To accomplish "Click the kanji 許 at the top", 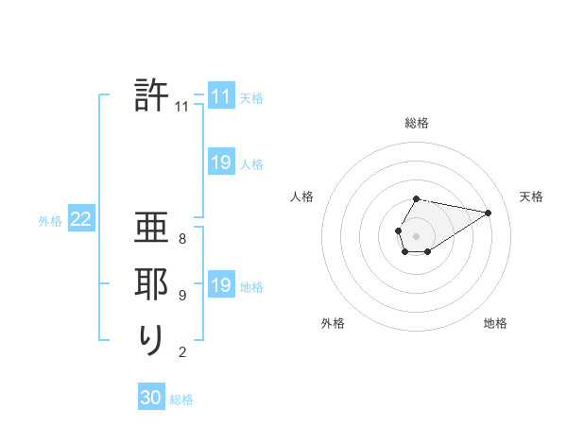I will coord(152,95).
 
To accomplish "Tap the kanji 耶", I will coord(152,285).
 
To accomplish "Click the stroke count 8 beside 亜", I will coord(182,239).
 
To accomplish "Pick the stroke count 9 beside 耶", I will coord(182,296).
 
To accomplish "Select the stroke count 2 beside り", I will coord(182,352).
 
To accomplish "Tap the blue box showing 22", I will coord(80,220).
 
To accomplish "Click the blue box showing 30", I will coord(151,398).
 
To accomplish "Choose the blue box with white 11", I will coord(221,96).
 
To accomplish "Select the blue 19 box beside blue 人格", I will coord(221,162).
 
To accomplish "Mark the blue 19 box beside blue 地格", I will coord(221,285).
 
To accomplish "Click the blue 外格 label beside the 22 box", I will coord(50,221).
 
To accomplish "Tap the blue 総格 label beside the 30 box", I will coord(181,399).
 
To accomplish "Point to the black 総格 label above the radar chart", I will coord(417,123).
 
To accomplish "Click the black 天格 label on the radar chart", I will coord(531,196).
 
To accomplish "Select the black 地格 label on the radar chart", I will coord(495,323).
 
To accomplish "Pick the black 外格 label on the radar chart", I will coord(333,323).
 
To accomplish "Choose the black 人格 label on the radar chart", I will coord(302,196).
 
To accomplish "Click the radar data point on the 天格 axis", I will coord(489,212).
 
